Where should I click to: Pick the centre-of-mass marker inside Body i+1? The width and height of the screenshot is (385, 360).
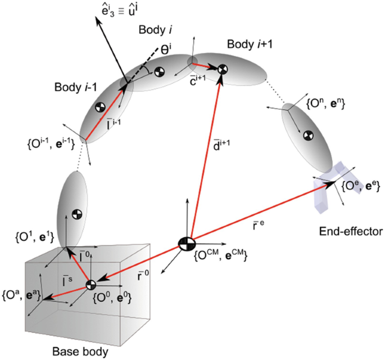[x=222, y=69]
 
